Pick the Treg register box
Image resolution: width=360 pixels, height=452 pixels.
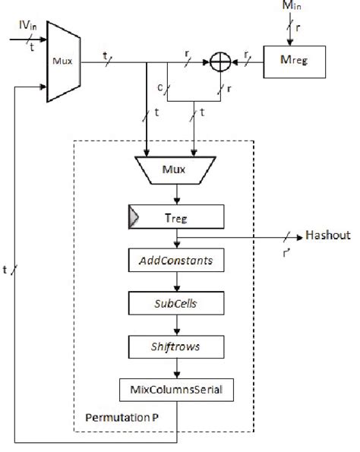(176, 218)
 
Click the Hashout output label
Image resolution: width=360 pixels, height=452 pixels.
(327, 235)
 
